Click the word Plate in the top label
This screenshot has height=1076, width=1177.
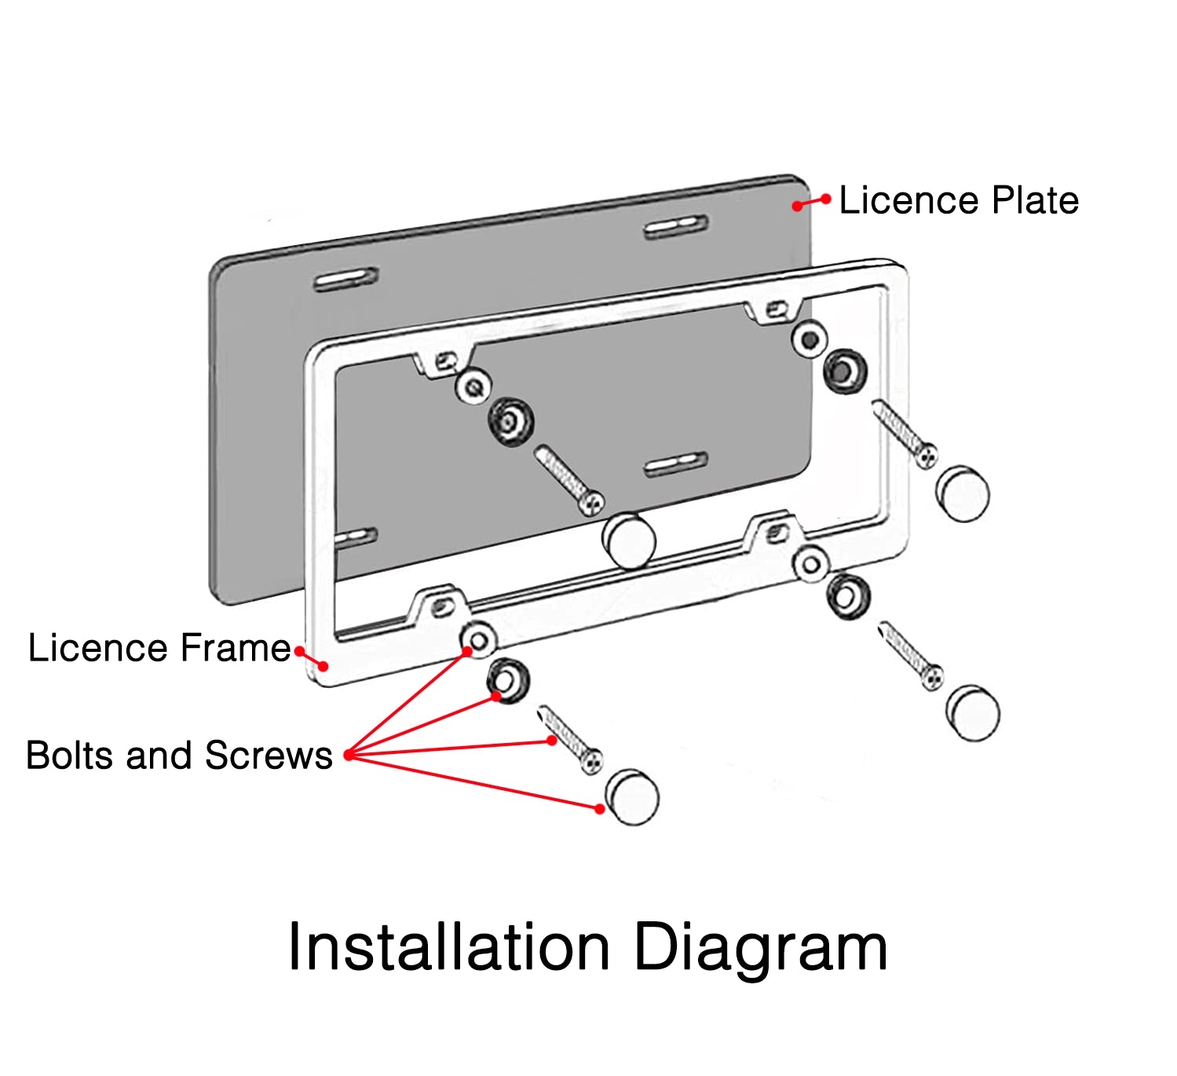(1035, 200)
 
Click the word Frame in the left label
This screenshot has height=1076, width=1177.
(236, 648)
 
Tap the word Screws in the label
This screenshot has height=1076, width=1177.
(269, 756)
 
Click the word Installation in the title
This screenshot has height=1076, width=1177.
(448, 947)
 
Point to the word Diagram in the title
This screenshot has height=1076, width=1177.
(760, 949)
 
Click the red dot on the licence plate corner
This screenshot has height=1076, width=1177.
(797, 206)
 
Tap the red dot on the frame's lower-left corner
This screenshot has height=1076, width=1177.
(323, 666)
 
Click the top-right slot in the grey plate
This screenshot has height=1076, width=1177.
(675, 228)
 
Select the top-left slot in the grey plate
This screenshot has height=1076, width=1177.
(345, 280)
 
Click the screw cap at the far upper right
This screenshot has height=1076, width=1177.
(963, 495)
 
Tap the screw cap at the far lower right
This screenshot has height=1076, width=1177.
(974, 713)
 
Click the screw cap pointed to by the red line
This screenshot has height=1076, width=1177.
(633, 797)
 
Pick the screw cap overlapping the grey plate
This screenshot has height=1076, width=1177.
(629, 541)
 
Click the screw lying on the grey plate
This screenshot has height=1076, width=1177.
(569, 479)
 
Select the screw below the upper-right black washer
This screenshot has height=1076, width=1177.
(905, 434)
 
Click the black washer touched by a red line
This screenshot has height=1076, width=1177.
(508, 680)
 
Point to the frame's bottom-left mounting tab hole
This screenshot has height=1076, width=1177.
(442, 606)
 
